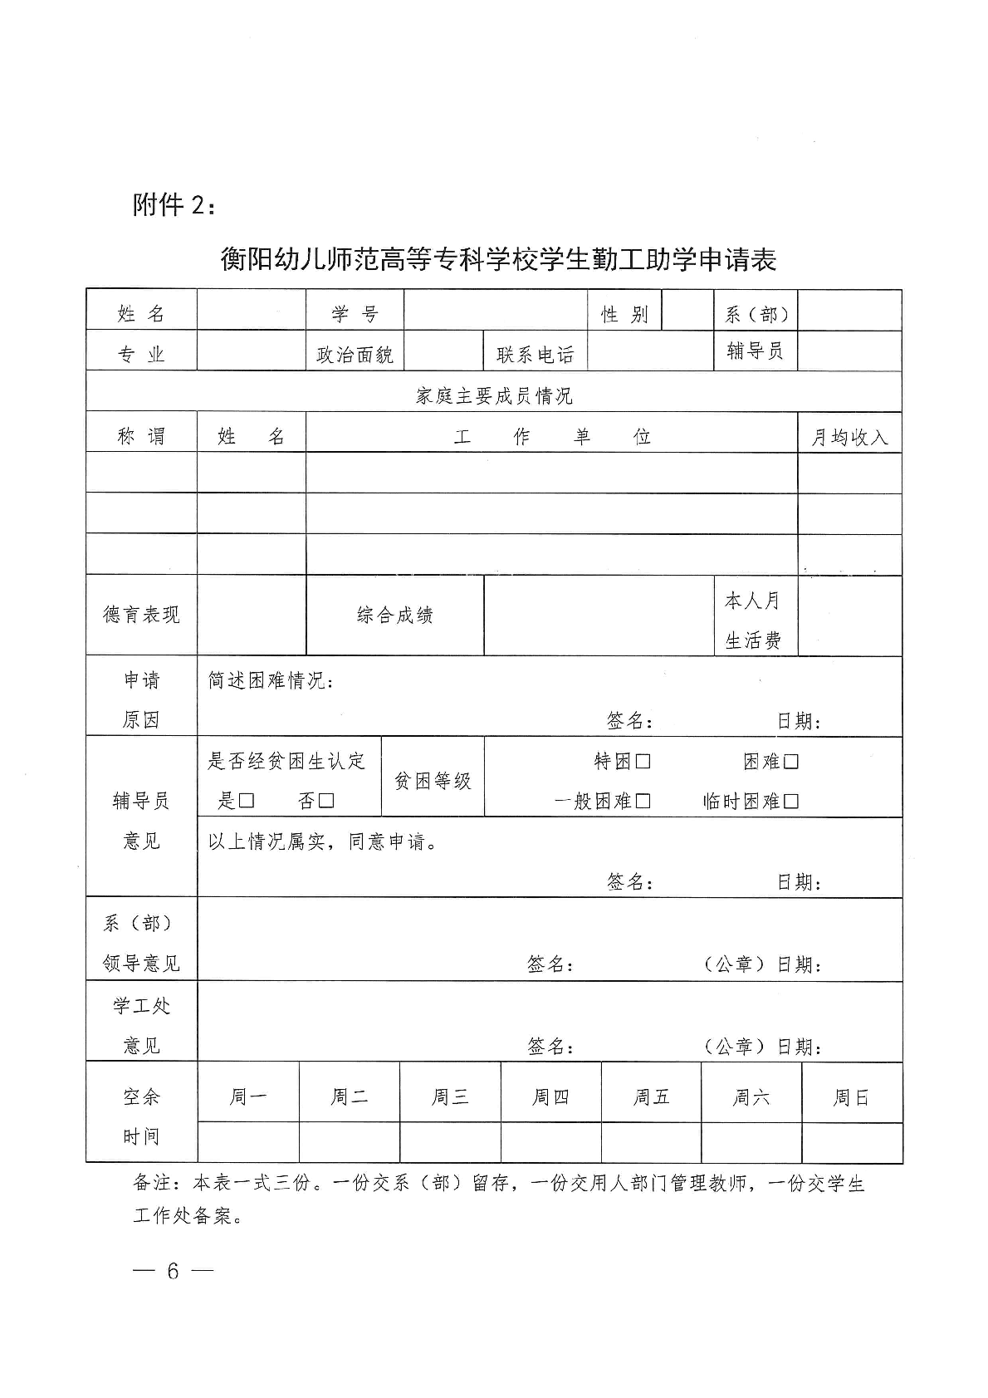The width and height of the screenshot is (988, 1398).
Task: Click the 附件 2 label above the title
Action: [175, 204]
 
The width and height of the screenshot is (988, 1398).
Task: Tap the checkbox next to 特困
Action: [643, 761]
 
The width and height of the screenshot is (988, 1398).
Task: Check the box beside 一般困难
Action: [643, 801]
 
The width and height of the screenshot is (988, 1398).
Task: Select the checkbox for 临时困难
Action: [790, 801]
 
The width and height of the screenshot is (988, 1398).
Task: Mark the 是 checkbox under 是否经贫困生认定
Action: [246, 801]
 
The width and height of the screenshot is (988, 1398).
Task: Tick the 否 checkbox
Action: [326, 801]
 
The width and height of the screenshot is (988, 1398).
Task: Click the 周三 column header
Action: [450, 1096]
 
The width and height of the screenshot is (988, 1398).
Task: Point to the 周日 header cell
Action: [851, 1096]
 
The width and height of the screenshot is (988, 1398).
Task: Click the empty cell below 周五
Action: [651, 1142]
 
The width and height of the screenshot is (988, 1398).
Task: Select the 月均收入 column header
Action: [849, 437]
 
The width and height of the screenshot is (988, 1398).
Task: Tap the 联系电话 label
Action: [535, 355]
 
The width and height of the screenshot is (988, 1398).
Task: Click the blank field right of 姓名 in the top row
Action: [251, 311]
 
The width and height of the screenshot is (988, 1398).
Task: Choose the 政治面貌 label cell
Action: [355, 355]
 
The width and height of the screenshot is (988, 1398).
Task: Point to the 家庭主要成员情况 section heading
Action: [494, 395]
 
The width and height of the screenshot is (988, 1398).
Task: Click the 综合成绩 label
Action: [394, 615]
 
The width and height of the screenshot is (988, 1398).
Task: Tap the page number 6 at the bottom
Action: [173, 1271]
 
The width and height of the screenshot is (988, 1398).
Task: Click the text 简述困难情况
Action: [270, 681]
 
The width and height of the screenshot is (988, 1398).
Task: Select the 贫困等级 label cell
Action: [432, 781]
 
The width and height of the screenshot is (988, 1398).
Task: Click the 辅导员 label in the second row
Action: [755, 351]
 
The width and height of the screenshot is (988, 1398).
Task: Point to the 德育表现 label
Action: [141, 615]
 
